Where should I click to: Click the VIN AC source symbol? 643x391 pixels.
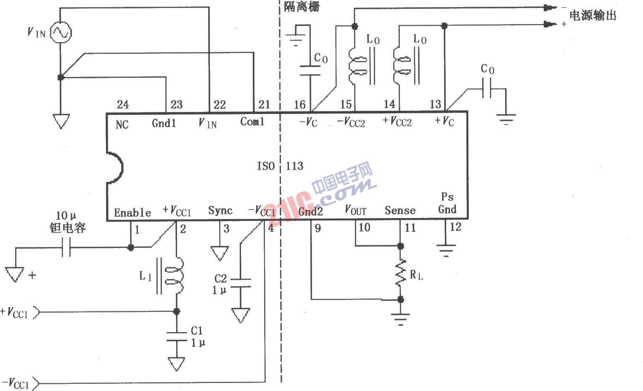61,32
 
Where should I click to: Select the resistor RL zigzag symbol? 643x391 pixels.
400,273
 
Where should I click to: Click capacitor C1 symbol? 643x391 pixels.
177,337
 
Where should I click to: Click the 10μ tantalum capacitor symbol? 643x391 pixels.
66,247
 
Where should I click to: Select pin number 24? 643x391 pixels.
123,104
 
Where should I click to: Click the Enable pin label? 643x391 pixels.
132,213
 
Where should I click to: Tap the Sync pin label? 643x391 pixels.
220,210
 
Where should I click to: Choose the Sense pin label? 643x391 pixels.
400,210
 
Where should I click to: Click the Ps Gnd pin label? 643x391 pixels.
447,203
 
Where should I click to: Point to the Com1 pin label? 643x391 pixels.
252,122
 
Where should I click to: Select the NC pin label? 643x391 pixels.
122,124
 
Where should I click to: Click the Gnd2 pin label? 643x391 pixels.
310,211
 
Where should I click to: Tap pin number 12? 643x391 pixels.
455,227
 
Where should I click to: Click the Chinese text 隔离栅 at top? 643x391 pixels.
302,6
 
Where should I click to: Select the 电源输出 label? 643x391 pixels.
593,16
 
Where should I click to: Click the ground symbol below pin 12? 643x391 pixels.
446,250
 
